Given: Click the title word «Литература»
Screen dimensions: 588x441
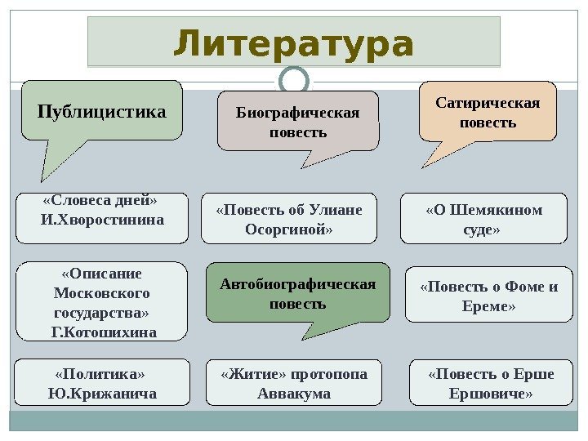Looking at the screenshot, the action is point(293,44).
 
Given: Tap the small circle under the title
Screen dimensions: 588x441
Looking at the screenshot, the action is point(293,80).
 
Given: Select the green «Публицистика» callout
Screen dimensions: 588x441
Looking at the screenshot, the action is point(102,110).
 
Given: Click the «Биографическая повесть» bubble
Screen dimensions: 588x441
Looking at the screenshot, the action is point(298,121).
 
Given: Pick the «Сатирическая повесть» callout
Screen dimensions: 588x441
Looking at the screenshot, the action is point(488,112).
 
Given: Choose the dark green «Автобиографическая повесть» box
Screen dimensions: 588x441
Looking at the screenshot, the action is point(297,292).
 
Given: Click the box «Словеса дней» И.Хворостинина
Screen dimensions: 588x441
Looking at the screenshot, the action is point(102,211).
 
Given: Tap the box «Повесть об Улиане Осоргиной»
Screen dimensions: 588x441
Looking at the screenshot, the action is point(289,220).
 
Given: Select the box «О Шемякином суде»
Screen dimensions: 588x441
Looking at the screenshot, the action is point(483,219).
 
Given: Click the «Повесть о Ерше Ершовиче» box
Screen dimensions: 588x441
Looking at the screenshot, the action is point(490,383).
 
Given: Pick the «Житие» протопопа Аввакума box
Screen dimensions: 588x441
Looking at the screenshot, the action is point(293,383).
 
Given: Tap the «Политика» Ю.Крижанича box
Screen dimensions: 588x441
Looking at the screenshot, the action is point(102,384).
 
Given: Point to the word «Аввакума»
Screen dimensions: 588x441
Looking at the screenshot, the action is point(293,394).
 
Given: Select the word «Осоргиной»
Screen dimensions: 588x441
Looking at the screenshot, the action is point(289,230).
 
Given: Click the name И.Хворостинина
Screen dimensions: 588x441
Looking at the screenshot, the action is point(102,220).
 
